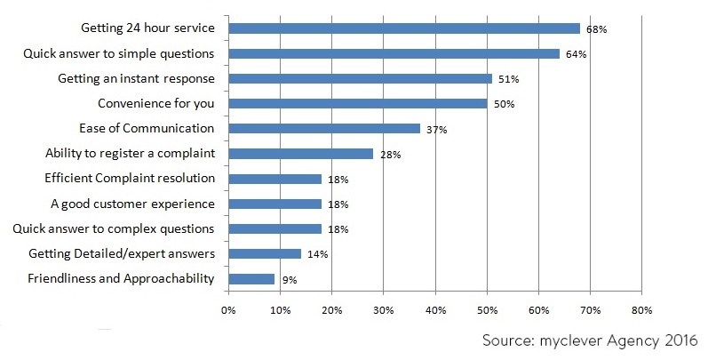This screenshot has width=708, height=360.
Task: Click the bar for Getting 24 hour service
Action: pos(403,28)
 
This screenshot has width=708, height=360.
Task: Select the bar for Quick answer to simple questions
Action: pos(394,53)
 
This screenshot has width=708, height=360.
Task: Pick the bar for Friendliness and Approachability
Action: pos(251,279)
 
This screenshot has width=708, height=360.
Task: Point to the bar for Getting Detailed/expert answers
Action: pos(264,254)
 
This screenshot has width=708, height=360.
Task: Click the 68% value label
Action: pos(595,29)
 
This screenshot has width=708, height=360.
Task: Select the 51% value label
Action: pos(507,79)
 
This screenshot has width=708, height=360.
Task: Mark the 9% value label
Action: pos(289,280)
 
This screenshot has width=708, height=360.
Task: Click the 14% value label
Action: pos(316,255)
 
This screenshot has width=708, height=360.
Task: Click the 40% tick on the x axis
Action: pos(434,311)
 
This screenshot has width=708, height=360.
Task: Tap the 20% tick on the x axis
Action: pos(330,311)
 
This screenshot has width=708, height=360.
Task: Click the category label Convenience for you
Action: pos(155,103)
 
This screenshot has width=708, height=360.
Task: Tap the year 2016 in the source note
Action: pos(680,340)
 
